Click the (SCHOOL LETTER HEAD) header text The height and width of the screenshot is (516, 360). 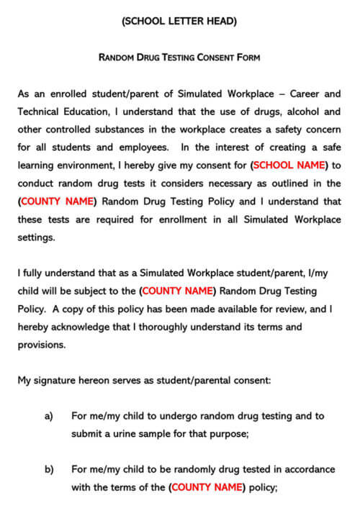tap(179, 22)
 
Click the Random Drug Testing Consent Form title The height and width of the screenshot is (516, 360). tap(179, 57)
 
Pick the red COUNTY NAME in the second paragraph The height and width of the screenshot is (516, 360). tap(178, 291)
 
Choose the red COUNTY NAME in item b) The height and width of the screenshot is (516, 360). tap(206, 487)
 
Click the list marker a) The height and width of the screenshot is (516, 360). tap(49, 416)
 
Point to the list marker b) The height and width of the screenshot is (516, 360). tap(49, 469)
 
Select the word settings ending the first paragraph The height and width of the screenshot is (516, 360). tap(36, 237)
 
